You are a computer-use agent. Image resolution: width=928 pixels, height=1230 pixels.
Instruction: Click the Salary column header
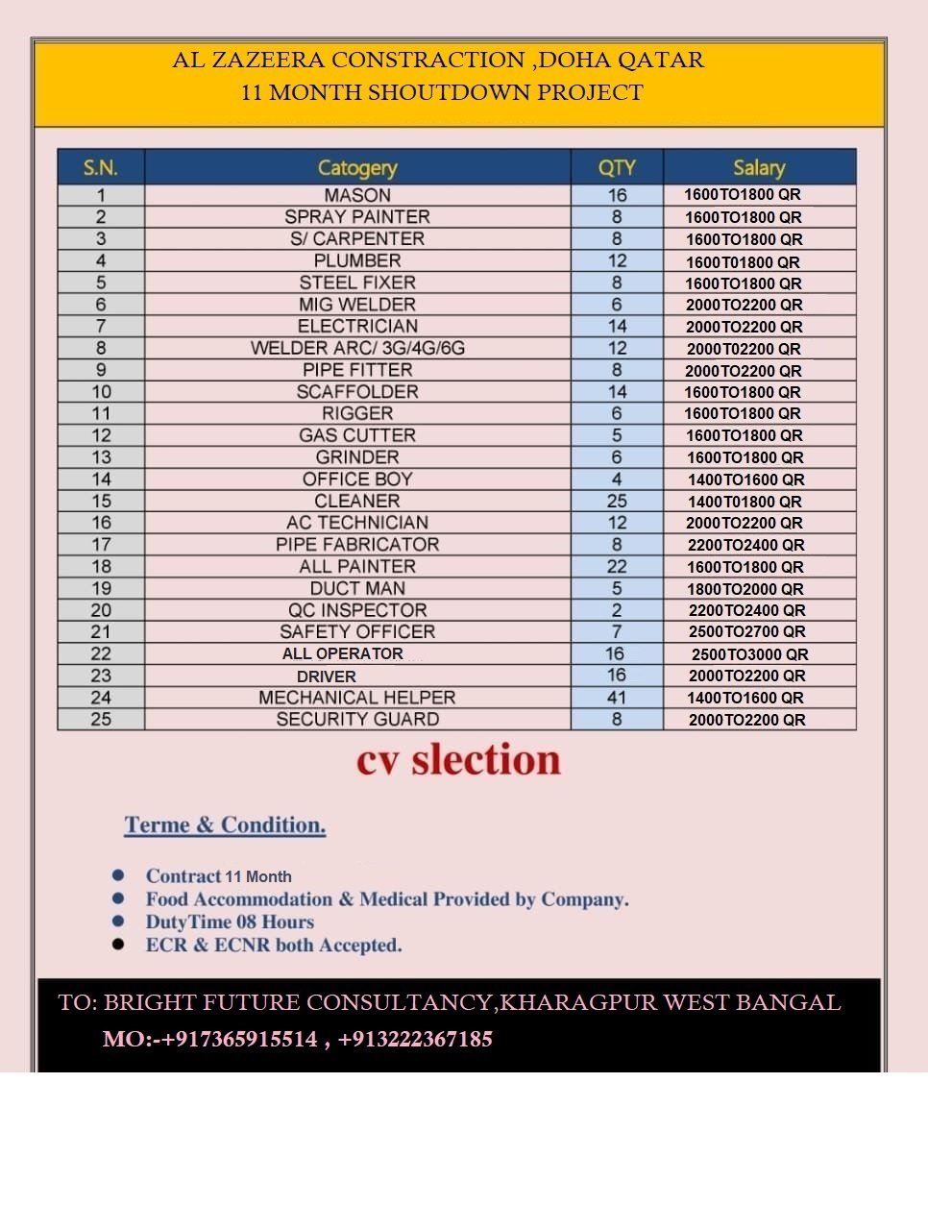click(759, 167)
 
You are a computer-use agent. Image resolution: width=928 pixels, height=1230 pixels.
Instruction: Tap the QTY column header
click(617, 167)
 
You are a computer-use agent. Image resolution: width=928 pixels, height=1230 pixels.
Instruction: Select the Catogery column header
click(357, 167)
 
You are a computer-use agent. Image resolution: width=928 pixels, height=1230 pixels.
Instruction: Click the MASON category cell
click(357, 195)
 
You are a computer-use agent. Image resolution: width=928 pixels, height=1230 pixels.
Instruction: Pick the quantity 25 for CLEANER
click(617, 501)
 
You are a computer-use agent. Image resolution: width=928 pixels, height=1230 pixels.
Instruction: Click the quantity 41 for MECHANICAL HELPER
click(617, 698)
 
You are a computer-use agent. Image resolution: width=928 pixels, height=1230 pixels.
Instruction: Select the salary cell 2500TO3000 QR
click(749, 654)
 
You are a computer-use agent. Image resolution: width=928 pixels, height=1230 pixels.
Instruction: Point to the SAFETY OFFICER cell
click(357, 631)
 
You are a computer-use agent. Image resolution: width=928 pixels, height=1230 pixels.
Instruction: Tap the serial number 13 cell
click(101, 457)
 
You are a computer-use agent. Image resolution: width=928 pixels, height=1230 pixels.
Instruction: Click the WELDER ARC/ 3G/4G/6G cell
click(357, 348)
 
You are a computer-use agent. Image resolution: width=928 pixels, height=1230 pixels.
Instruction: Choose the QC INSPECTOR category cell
click(357, 610)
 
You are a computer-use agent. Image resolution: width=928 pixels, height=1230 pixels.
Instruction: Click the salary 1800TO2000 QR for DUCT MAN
click(745, 589)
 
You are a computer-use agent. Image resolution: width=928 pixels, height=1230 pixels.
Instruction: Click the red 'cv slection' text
click(458, 760)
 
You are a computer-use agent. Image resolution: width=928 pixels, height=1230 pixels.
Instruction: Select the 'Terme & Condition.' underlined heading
click(225, 825)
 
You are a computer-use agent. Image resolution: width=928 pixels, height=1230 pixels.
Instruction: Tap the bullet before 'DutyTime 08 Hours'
click(118, 922)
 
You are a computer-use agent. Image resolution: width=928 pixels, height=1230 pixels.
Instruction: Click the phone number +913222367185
click(415, 1039)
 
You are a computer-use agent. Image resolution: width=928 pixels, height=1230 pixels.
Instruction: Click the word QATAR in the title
click(660, 60)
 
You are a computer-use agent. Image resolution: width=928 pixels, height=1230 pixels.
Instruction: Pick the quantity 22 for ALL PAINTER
click(617, 566)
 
